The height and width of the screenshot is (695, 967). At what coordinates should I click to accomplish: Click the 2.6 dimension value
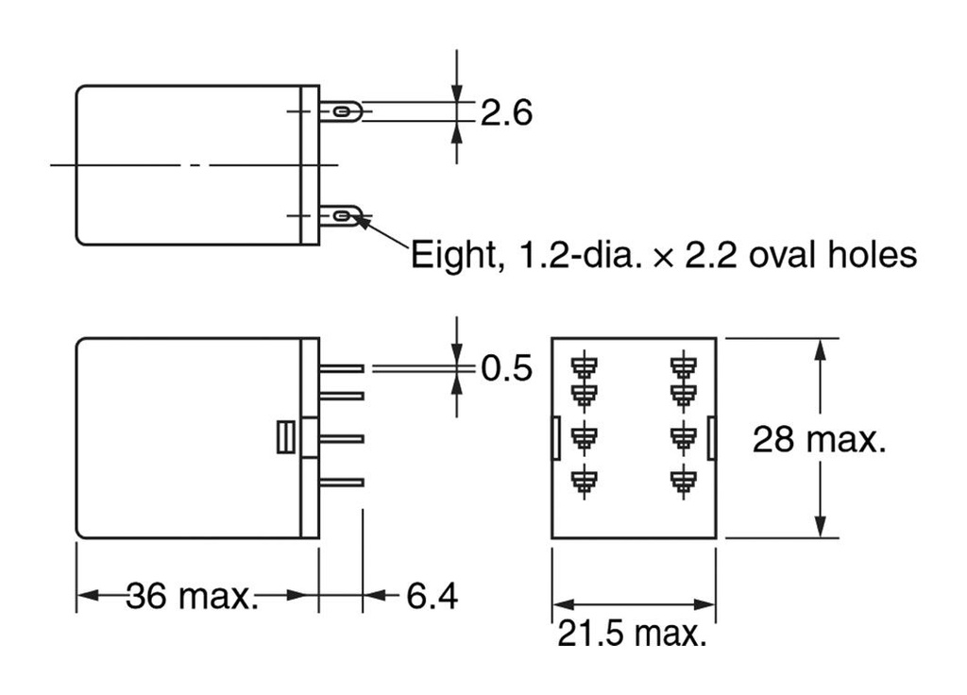[506, 113]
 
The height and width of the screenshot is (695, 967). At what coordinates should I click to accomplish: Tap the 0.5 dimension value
[506, 368]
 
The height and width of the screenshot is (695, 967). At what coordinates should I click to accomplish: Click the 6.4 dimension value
[432, 596]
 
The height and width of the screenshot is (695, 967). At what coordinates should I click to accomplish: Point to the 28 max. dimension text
[819, 439]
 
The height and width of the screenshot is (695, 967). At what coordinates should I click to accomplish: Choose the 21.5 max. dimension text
[631, 633]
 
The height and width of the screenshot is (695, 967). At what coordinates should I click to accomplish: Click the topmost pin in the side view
[342, 369]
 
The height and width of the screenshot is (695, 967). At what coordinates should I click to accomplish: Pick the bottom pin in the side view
[342, 483]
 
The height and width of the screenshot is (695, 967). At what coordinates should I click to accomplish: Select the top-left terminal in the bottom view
[585, 364]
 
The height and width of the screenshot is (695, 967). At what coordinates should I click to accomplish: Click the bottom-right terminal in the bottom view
[682, 480]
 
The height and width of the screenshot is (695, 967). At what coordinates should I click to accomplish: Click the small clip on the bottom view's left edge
[554, 436]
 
